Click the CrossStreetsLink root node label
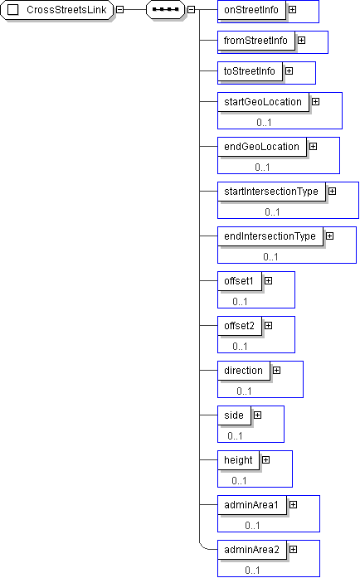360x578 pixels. (66, 10)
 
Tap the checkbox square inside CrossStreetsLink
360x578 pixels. (13, 10)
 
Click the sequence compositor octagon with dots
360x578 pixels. (165, 10)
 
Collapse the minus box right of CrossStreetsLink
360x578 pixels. (120, 10)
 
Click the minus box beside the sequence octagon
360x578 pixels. (191, 10)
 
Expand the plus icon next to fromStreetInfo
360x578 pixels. (301, 40)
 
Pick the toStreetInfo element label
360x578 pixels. (250, 71)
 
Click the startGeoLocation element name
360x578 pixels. (263, 102)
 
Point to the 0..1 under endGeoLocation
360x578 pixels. (262, 168)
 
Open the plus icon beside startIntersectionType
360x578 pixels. (333, 192)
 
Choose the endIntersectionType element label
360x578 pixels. (270, 236)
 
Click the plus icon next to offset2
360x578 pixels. (269, 326)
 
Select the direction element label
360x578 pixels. (243, 371)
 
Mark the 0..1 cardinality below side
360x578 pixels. (235, 436)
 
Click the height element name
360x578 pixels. (238, 460)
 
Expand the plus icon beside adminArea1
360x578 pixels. (294, 505)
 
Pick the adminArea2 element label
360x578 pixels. (251, 550)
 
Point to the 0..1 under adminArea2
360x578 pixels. (252, 571)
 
